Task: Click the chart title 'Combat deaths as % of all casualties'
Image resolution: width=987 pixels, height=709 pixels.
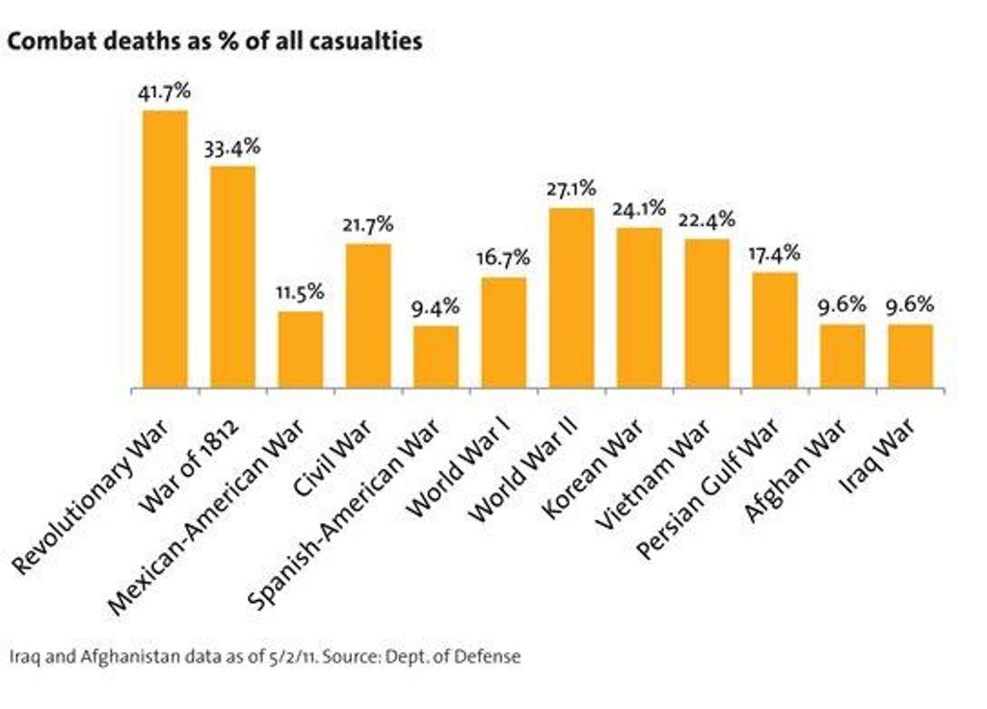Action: coord(215,43)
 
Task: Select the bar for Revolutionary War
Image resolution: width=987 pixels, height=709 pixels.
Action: coord(165,249)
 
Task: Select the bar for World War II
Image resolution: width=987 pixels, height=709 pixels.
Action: coord(572,299)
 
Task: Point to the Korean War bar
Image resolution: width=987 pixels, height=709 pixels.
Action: coord(639,308)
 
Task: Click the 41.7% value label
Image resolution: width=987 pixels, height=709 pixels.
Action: coord(165,93)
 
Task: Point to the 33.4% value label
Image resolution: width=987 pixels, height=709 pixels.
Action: coord(232,148)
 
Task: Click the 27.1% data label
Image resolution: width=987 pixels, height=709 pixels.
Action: coord(572,190)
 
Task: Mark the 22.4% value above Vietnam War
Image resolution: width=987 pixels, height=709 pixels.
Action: coord(707,221)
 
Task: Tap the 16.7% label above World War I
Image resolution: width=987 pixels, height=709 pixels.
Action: coord(503,259)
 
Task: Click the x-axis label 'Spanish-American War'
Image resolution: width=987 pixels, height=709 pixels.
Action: coord(347,511)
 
